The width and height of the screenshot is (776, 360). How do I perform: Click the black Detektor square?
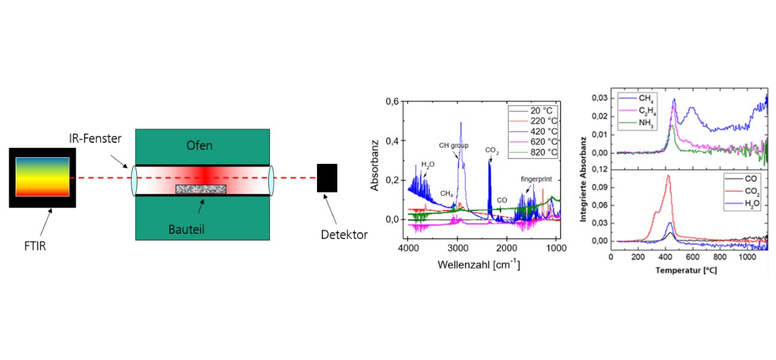326,178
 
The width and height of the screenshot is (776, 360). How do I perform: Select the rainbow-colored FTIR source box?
42,177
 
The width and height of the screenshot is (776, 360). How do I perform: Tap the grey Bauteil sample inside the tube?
200,189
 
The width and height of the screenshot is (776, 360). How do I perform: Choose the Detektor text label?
344,235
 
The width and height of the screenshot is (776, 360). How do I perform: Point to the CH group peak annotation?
454,146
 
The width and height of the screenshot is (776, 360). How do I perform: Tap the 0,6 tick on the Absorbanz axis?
393,101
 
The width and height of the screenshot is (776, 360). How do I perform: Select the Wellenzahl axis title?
479,264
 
